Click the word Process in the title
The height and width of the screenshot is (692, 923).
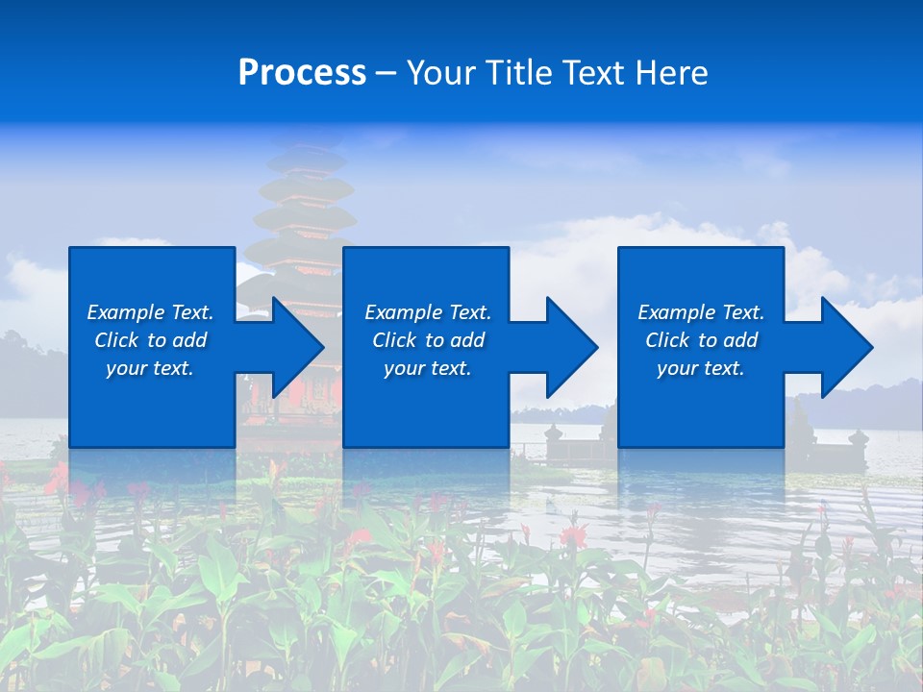(x=302, y=73)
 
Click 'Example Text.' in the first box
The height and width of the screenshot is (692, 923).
(x=150, y=312)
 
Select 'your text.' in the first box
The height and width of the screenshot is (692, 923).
(x=150, y=368)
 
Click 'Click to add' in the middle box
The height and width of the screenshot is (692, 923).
(x=428, y=340)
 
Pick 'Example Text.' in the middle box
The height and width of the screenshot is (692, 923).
(x=428, y=312)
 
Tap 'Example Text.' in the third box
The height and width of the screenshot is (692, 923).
(x=701, y=312)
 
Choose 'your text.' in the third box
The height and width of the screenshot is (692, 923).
(x=701, y=368)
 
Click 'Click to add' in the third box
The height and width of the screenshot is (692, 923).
(x=701, y=340)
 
